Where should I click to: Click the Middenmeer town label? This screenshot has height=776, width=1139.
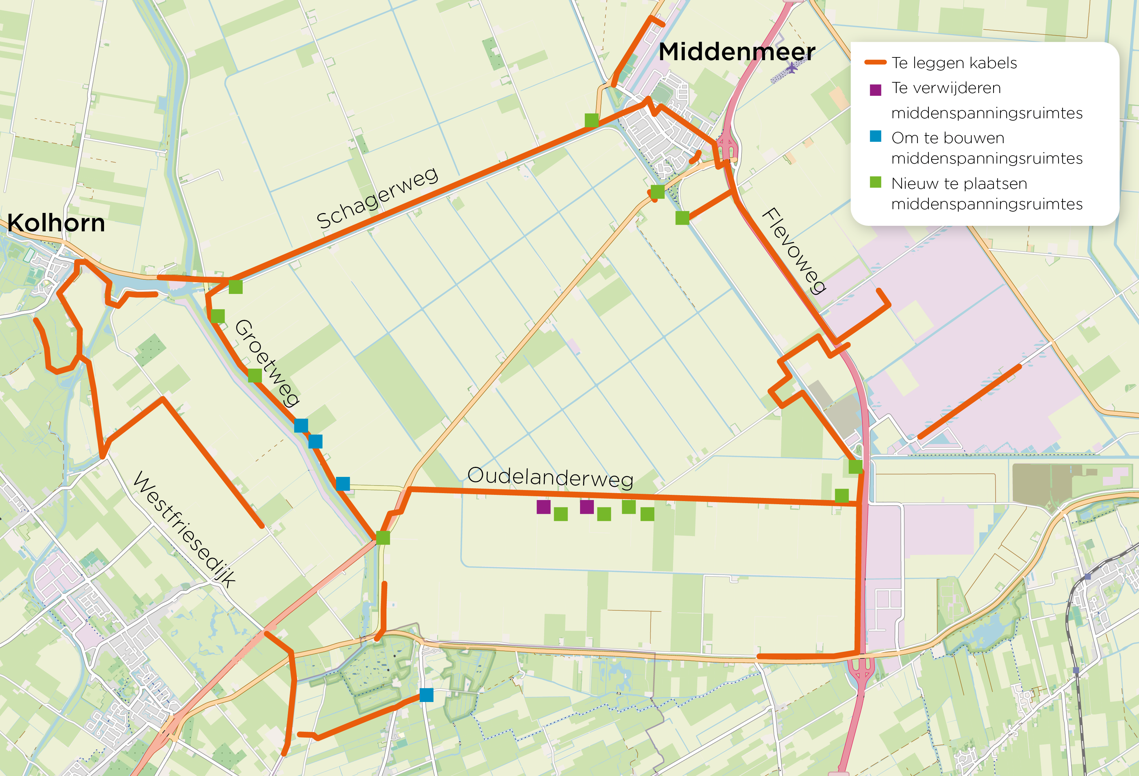[x=737, y=52]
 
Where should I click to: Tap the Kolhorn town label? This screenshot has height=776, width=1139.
[x=56, y=223]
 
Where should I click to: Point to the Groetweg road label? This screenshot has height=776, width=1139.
[x=267, y=363]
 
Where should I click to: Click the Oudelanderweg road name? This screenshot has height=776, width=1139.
[x=550, y=477]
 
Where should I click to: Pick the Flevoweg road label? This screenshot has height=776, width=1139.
[x=794, y=250]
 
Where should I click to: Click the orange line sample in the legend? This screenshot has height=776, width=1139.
[x=875, y=62]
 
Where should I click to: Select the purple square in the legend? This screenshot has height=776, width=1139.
[x=875, y=90]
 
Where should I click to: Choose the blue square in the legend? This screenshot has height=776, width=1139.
[x=875, y=136]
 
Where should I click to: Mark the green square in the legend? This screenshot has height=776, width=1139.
[x=875, y=182]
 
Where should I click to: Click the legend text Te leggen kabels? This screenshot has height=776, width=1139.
[x=954, y=63]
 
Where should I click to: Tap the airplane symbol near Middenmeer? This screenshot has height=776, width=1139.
[x=791, y=67]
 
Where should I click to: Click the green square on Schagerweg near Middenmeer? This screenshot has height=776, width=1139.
[x=591, y=120]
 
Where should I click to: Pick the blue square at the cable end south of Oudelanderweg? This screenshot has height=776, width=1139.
[x=426, y=695]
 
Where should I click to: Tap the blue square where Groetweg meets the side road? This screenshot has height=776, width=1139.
[x=343, y=484]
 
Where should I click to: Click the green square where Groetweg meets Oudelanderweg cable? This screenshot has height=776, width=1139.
[x=383, y=538]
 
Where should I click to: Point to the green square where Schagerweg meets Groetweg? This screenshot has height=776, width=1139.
[x=236, y=287]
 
